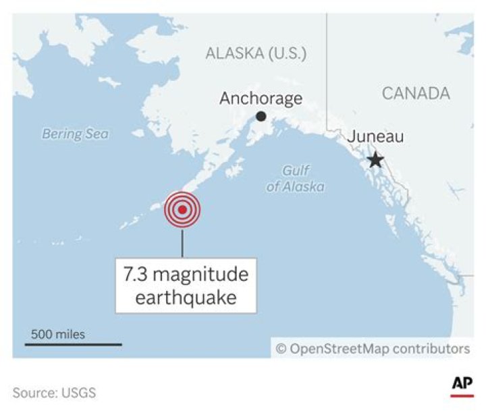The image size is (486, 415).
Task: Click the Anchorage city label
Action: pos(261,99)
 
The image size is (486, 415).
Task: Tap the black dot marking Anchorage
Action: pos(261,117)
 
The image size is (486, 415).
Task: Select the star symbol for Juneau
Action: pos(375,160)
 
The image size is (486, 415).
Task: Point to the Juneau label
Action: pos(375,137)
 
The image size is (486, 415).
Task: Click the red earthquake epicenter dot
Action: pos(182,209)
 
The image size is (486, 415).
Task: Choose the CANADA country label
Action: pos(416,93)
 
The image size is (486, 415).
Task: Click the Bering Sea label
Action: pos(75,134)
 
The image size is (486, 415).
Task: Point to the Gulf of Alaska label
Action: pos(295,179)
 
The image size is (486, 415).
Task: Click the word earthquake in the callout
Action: pos(186,298)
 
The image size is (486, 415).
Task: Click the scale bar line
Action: pos(74,344)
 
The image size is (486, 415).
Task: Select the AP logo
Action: pos(462,384)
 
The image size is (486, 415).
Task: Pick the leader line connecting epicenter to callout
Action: pos(182,242)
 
